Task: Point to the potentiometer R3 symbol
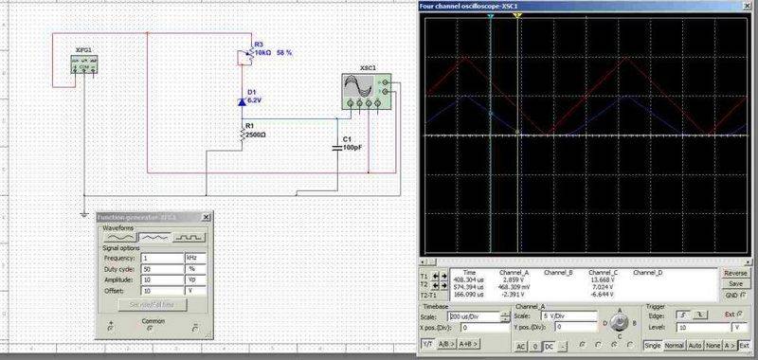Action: point(244,56)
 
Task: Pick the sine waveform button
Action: point(117,237)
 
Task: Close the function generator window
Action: point(208,217)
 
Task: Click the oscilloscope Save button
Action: point(735,283)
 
